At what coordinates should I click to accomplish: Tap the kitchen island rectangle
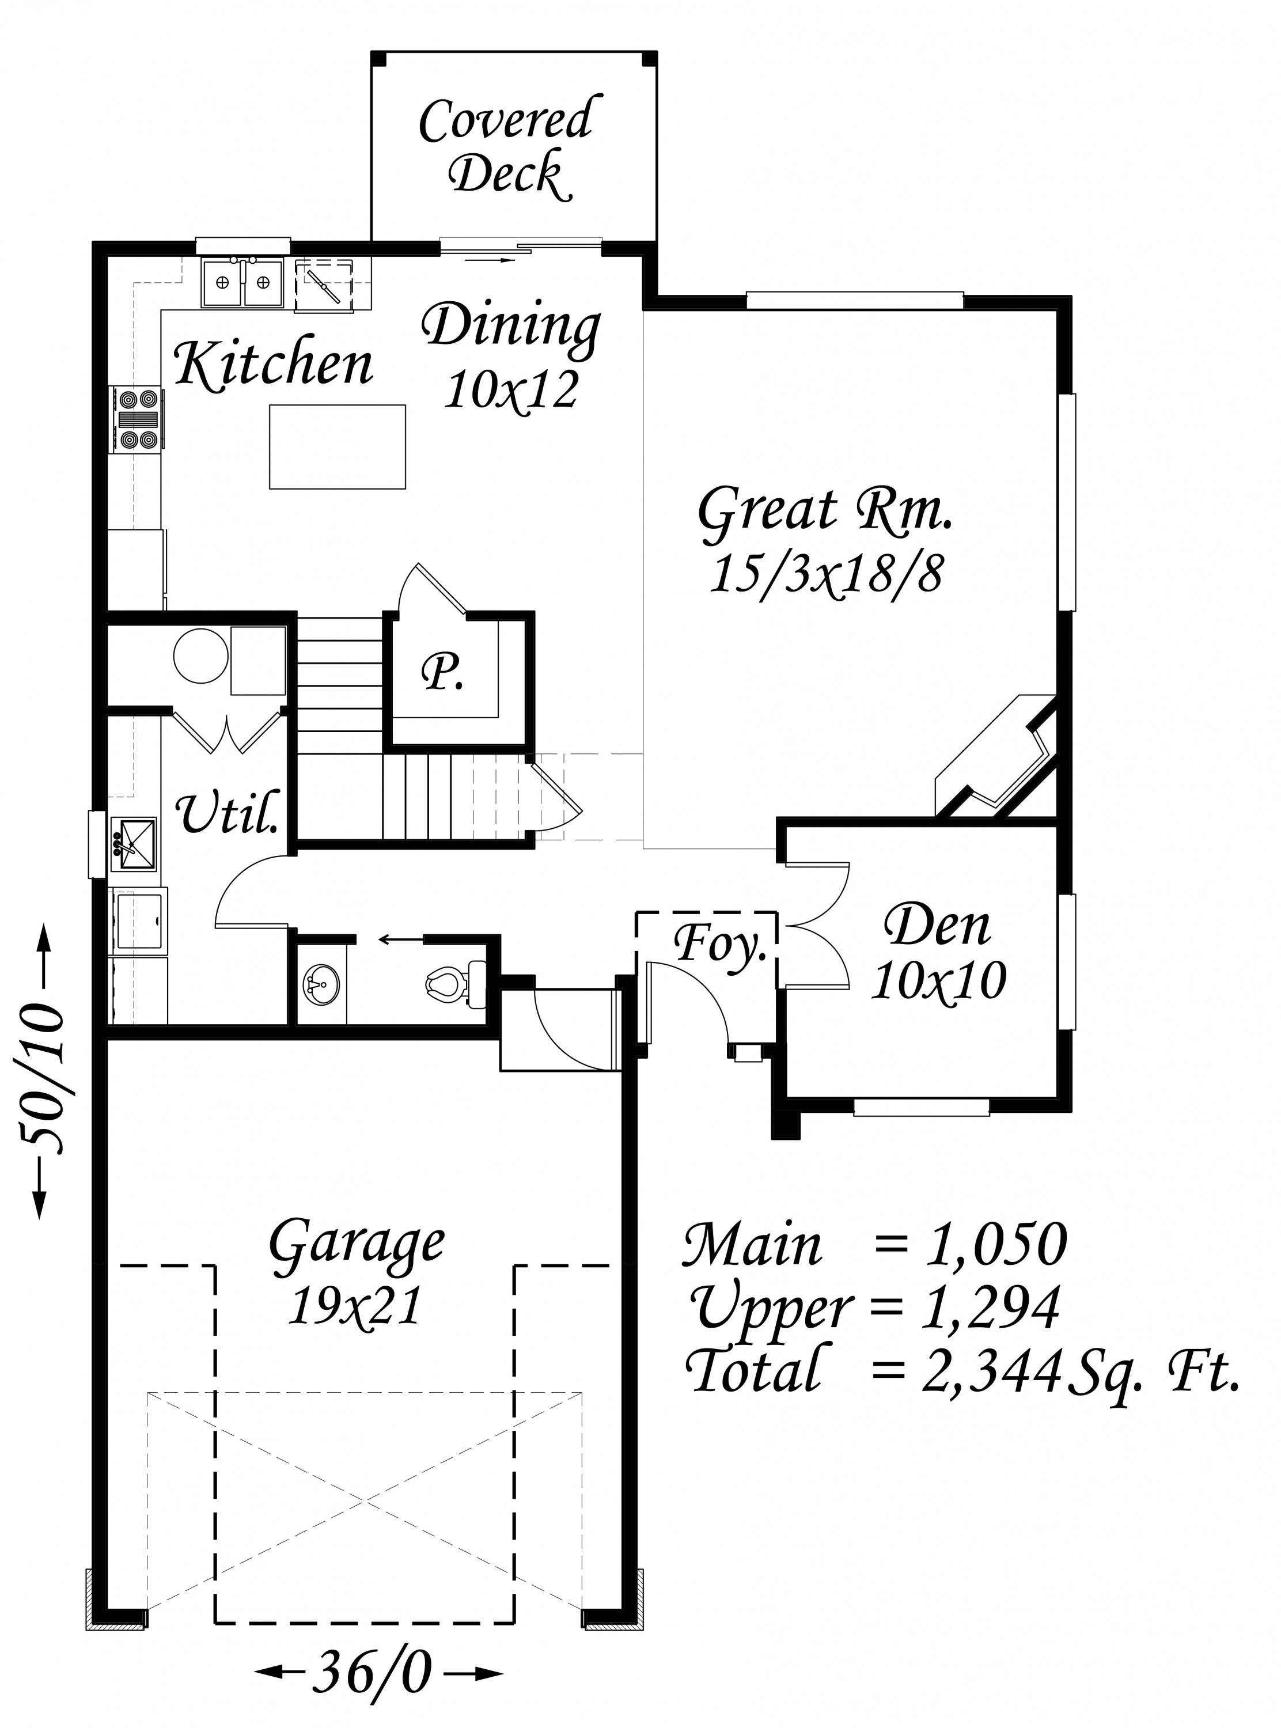point(338,446)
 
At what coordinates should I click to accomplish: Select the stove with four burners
point(138,419)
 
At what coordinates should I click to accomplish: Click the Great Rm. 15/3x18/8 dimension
point(827,574)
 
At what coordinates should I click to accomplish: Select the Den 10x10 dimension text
point(938,982)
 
